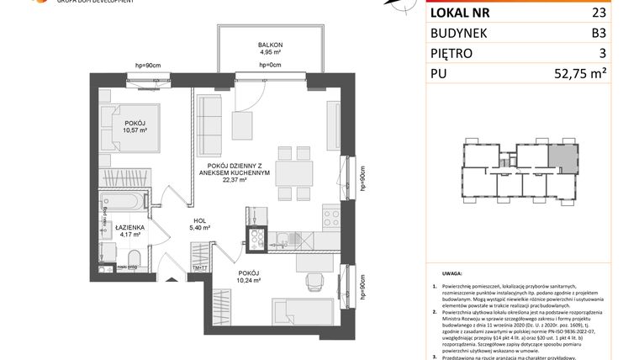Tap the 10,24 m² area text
point(249,280)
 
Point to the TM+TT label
point(200,267)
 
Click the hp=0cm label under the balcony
point(269,65)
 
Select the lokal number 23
point(601,13)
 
